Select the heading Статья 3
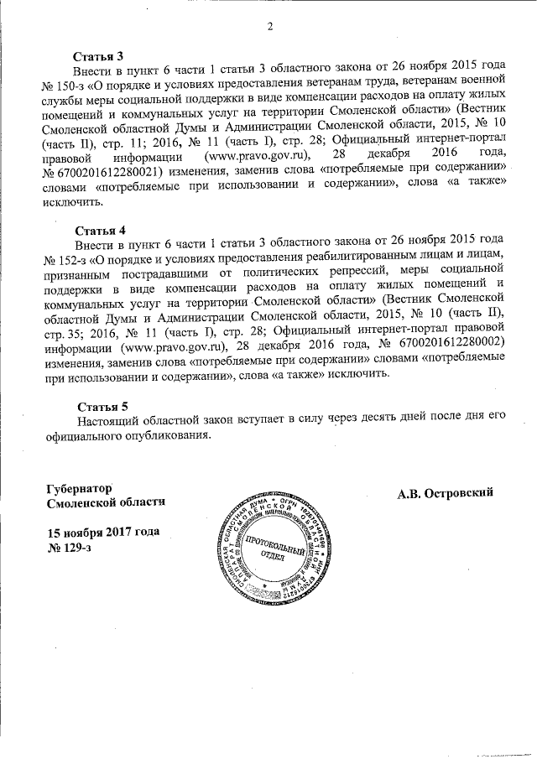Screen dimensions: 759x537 point(98,55)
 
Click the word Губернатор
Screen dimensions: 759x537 point(81,487)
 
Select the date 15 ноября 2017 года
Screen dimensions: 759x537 point(102,533)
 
